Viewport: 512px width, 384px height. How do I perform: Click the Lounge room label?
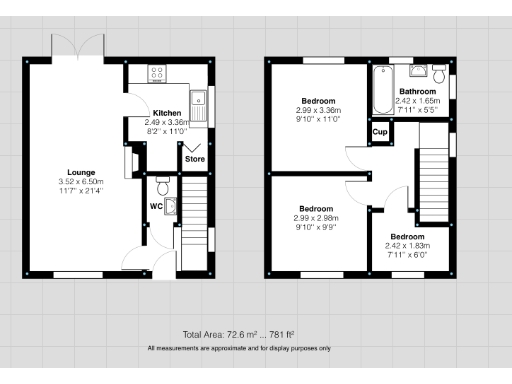80,170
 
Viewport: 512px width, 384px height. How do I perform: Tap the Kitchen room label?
165,113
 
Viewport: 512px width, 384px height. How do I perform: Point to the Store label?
193,157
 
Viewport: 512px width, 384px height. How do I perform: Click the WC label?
155,206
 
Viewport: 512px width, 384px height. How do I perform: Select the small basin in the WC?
171,207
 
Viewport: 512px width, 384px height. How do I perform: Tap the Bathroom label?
419,91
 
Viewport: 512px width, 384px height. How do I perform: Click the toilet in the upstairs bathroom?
439,71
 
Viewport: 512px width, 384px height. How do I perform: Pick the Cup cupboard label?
380,132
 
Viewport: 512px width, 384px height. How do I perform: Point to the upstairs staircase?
431,170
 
